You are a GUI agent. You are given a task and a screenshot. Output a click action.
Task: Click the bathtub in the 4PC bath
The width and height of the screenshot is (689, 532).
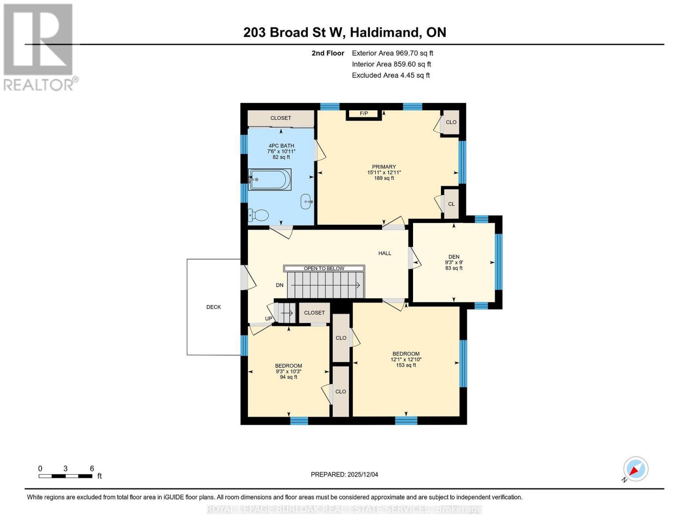270,180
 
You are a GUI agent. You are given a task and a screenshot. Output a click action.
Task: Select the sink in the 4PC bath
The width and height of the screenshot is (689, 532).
307,201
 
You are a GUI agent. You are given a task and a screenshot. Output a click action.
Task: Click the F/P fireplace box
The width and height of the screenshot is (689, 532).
364,114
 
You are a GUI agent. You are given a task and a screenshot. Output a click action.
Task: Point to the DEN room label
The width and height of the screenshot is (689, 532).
453,257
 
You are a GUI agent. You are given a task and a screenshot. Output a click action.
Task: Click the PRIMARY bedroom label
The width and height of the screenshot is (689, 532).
384,167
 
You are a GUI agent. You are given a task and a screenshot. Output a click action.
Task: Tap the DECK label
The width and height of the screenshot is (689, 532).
213,307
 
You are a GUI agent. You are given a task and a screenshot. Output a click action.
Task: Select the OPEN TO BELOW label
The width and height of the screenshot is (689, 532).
324,268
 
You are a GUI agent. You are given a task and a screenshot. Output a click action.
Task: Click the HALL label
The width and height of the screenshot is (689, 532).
385,253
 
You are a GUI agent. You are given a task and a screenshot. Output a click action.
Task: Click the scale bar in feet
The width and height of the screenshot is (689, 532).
66,476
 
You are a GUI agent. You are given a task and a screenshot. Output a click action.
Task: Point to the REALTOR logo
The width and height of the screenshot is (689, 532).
39,47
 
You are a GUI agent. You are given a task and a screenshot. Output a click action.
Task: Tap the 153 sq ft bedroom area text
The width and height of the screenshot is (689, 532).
406,365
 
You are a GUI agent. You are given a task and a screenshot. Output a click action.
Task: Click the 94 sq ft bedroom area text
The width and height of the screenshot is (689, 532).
288,377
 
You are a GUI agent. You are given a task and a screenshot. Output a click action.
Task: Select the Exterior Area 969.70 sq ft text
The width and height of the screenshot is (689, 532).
392,53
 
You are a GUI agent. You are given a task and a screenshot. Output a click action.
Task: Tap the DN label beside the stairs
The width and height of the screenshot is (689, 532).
280,285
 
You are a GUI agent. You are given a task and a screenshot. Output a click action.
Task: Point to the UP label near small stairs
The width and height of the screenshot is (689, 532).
268,318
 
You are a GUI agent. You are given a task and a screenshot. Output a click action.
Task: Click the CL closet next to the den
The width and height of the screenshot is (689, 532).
451,204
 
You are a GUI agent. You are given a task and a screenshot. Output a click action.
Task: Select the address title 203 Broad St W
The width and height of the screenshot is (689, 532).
344,32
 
